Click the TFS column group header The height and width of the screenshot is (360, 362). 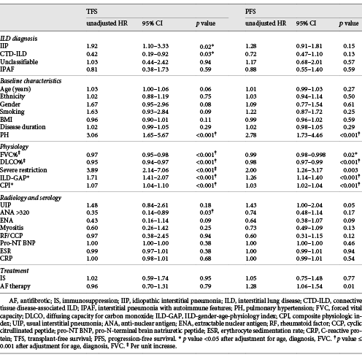pyautogui.click(x=92, y=12)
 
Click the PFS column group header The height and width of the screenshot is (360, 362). pyautogui.click(x=250, y=12)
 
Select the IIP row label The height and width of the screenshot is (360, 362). pyautogui.click(x=4, y=46)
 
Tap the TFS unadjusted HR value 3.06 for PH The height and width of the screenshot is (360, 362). pyautogui.click(x=92, y=135)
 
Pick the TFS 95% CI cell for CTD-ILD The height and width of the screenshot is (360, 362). pyautogui.click(x=155, y=54)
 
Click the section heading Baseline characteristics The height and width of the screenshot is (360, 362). pyautogui.click(x=31, y=81)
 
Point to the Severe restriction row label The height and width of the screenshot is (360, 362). pyautogui.click(x=23, y=170)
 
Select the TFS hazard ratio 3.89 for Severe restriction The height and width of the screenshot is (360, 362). pyautogui.click(x=92, y=170)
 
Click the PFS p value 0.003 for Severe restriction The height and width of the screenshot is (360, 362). pyautogui.click(x=349, y=170)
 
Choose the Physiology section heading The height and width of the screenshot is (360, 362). pyautogui.click(x=14, y=147)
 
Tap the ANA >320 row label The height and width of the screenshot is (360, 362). pyautogui.click(x=15, y=212)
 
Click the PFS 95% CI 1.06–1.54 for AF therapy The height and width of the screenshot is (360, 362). pyautogui.click(x=309, y=286)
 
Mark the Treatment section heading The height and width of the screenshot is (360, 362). pyautogui.click(x=15, y=271)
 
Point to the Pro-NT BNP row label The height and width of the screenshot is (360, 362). pyautogui.click(x=18, y=243)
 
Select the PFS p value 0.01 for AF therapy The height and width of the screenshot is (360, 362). pyautogui.click(x=349, y=286)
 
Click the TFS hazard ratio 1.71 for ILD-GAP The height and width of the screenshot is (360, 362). pyautogui.click(x=92, y=177)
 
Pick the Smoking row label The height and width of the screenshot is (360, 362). pyautogui.click(x=12, y=112)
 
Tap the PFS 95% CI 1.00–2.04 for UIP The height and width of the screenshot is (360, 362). pyautogui.click(x=309, y=205)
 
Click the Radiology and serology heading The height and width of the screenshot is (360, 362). pyautogui.click(x=31, y=198)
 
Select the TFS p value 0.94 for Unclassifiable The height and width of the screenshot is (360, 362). pyautogui.click(x=205, y=62)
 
